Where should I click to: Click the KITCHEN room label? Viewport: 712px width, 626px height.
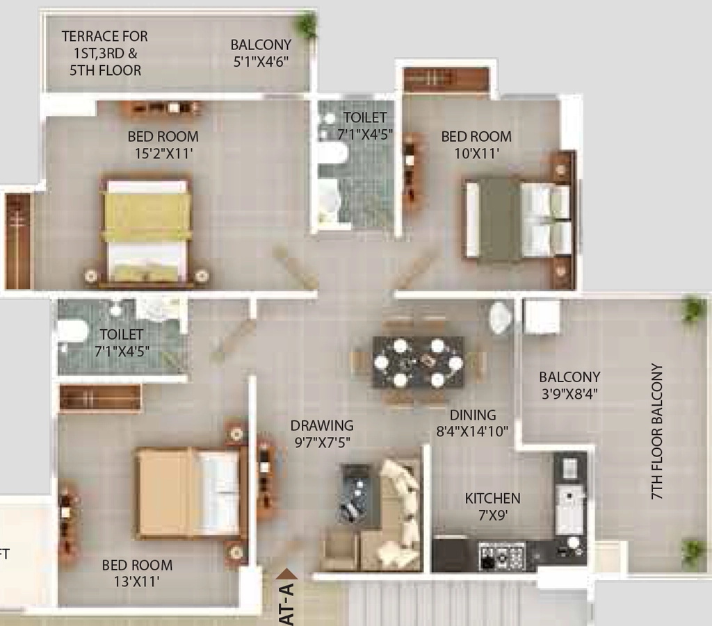pos(492,499)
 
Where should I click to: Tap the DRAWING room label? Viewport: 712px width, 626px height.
pos(322,425)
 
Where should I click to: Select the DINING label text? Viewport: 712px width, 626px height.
pos(473,415)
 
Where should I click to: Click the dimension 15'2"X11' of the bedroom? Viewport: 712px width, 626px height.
pos(163,154)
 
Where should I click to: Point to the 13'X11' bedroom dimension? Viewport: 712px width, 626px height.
pos(136,581)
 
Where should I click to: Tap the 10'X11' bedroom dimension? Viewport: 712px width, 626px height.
pos(476,154)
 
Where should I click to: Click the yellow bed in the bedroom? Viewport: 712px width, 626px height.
pos(147,231)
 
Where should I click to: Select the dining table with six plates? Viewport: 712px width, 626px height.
pos(418,361)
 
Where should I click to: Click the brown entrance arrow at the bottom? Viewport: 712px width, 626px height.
pos(287,575)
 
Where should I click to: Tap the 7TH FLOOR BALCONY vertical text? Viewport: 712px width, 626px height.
pos(657,431)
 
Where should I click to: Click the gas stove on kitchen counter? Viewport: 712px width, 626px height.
pos(502,556)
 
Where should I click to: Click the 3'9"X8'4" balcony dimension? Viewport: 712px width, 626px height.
pos(569,393)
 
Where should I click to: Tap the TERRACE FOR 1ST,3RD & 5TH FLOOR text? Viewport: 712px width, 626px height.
pos(105,53)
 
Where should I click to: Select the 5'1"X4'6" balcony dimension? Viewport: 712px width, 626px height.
pos(261,62)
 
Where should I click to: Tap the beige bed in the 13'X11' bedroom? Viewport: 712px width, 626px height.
pos(188,493)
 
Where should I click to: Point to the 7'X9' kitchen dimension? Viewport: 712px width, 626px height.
pos(493,516)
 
